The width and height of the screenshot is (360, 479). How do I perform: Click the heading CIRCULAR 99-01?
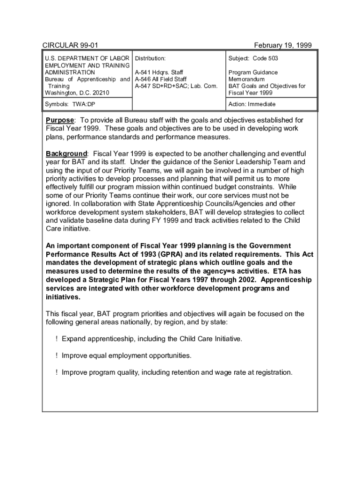click(70, 45)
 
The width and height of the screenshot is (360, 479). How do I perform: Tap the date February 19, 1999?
click(282, 45)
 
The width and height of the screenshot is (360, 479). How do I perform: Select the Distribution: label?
click(150, 58)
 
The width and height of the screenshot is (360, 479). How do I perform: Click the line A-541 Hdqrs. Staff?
click(159, 73)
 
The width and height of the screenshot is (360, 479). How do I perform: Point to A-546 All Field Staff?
click(160, 79)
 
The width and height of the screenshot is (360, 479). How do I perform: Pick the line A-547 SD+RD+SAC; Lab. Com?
click(176, 86)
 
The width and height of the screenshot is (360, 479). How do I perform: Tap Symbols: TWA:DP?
click(70, 104)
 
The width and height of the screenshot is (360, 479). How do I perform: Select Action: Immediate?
click(252, 104)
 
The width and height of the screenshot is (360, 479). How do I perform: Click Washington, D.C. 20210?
click(77, 93)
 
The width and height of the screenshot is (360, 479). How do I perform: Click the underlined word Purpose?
click(59, 120)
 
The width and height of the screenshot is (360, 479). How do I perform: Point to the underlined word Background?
click(66, 154)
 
